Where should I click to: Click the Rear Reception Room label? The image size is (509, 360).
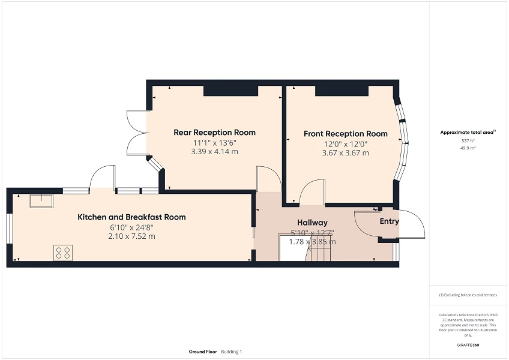tap(214, 133)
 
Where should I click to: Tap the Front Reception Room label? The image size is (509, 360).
tap(345, 134)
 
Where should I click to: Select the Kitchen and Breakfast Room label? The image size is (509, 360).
tap(131, 217)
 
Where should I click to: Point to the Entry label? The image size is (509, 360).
tap(389, 221)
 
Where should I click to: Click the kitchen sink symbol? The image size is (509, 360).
tap(41, 200)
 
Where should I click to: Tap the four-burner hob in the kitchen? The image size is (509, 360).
tap(63, 253)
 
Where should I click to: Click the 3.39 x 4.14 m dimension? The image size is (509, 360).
tap(214, 152)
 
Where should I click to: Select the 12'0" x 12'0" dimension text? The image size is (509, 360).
tap(345, 144)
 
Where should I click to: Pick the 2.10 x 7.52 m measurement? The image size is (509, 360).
tap(131, 236)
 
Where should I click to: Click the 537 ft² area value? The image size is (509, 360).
tap(468, 140)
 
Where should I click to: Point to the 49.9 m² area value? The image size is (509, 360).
tap(468, 147)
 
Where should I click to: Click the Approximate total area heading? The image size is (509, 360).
tap(468, 132)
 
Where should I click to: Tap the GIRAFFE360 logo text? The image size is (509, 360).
tap(468, 345)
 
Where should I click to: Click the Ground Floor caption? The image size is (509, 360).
tap(202, 352)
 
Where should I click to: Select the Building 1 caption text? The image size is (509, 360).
tap(231, 352)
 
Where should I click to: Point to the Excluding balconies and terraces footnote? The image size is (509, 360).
tap(468, 295)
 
